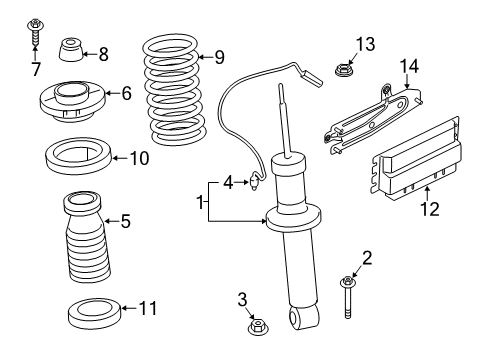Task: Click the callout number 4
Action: pos(229,182)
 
